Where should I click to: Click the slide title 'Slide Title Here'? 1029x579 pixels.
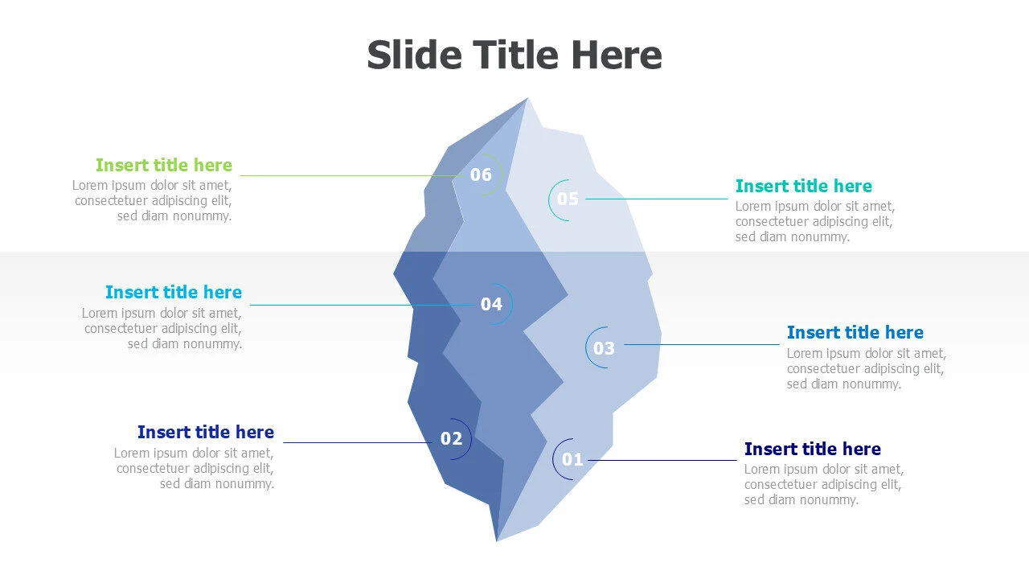click(514, 55)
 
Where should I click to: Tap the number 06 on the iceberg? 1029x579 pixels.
click(481, 175)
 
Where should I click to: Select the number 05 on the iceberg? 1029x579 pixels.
click(568, 199)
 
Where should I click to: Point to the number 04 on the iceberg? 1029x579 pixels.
click(491, 304)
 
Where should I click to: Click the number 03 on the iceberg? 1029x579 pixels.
click(604, 348)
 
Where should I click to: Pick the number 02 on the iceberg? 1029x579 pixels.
click(451, 438)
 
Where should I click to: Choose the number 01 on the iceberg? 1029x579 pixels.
click(572, 460)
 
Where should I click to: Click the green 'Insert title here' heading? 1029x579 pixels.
click(164, 165)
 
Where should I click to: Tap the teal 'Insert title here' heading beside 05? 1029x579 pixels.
click(803, 186)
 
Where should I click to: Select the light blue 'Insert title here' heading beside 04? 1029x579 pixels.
click(174, 292)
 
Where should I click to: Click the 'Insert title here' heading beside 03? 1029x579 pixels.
click(855, 332)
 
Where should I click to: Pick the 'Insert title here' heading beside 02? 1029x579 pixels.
click(206, 432)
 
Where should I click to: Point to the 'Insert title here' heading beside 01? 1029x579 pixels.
click(812, 449)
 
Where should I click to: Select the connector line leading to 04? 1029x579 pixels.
click(362, 305)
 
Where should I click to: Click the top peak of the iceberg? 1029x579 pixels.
click(527, 100)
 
